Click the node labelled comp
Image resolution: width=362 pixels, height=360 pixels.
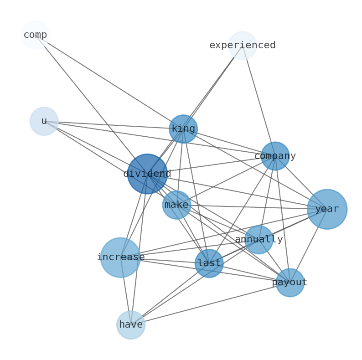(35, 35)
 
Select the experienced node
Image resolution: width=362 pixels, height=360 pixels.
(242, 45)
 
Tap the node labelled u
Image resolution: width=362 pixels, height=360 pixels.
(44, 121)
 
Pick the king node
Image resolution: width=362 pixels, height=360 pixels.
(183, 129)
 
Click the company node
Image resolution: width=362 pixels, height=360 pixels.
(275, 156)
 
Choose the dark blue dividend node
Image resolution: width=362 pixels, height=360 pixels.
(147, 174)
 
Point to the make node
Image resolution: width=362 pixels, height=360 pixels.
(176, 205)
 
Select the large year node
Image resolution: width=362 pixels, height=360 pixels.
(327, 209)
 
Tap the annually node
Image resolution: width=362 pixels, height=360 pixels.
(259, 239)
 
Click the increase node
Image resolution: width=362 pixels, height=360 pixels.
(120, 257)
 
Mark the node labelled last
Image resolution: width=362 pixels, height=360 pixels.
(209, 263)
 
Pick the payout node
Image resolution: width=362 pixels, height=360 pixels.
(290, 283)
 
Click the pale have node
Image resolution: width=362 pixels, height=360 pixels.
(131, 325)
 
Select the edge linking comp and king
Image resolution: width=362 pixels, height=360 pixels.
(109, 82)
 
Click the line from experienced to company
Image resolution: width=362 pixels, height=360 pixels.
(259, 101)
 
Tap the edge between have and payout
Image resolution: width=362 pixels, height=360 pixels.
(210, 304)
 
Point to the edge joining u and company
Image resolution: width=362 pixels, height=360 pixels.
(160, 139)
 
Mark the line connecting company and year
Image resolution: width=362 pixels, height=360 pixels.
(301, 182)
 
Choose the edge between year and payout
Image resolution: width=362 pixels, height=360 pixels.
(308, 246)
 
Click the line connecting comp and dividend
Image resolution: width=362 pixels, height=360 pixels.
(91, 104)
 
